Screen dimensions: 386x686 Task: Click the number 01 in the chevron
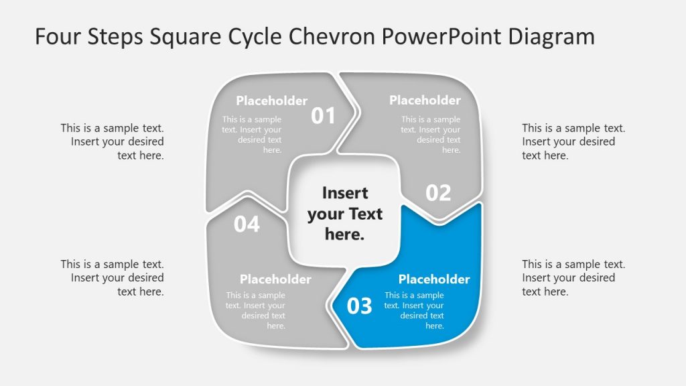(x=323, y=116)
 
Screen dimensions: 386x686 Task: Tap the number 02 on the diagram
(x=439, y=193)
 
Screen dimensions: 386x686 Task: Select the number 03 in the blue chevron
(x=359, y=306)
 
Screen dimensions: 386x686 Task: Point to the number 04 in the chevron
(x=247, y=224)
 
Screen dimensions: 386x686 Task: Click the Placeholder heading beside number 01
(x=271, y=101)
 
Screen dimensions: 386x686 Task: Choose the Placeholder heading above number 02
(x=425, y=101)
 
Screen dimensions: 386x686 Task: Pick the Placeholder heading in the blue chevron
(x=434, y=279)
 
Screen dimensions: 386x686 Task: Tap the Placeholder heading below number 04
(x=275, y=279)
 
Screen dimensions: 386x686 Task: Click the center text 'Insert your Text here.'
(x=345, y=214)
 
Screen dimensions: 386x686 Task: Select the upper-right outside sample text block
(x=573, y=141)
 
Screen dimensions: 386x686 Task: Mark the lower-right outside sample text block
(x=573, y=277)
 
